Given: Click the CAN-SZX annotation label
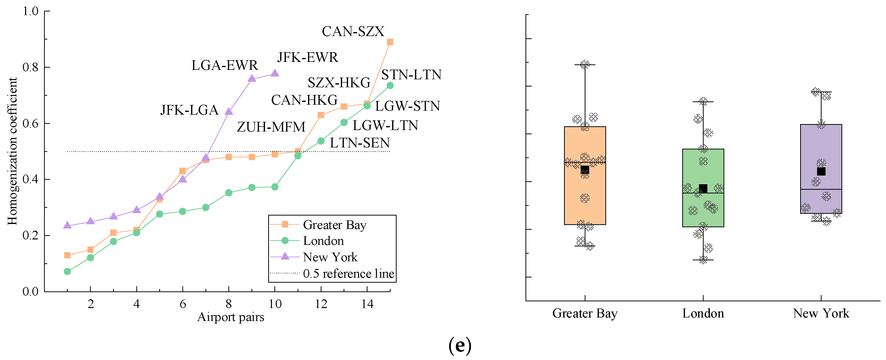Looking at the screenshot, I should pyautogui.click(x=353, y=32).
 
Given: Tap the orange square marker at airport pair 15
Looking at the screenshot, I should pyautogui.click(x=390, y=42).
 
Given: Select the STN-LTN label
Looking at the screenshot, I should pyautogui.click(x=411, y=75).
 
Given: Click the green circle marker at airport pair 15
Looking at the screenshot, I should pyautogui.click(x=390, y=86).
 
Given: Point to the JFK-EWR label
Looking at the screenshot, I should pyautogui.click(x=308, y=57).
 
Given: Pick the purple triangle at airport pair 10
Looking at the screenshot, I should pyautogui.click(x=275, y=73).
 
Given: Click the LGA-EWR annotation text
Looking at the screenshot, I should pyautogui.click(x=225, y=65).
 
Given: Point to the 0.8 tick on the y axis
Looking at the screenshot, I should pyautogui.click(x=30, y=67).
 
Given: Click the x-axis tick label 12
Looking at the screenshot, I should pyautogui.click(x=321, y=304).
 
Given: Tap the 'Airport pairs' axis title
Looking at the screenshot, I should pyautogui.click(x=230, y=317).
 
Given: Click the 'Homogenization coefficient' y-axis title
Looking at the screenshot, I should pyautogui.click(x=12, y=151).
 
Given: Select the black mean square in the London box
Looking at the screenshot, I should pyautogui.click(x=703, y=188).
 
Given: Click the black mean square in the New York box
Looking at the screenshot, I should pyautogui.click(x=821, y=171).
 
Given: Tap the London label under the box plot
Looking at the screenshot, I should pyautogui.click(x=703, y=314).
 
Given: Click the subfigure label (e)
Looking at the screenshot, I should pyautogui.click(x=460, y=345).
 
